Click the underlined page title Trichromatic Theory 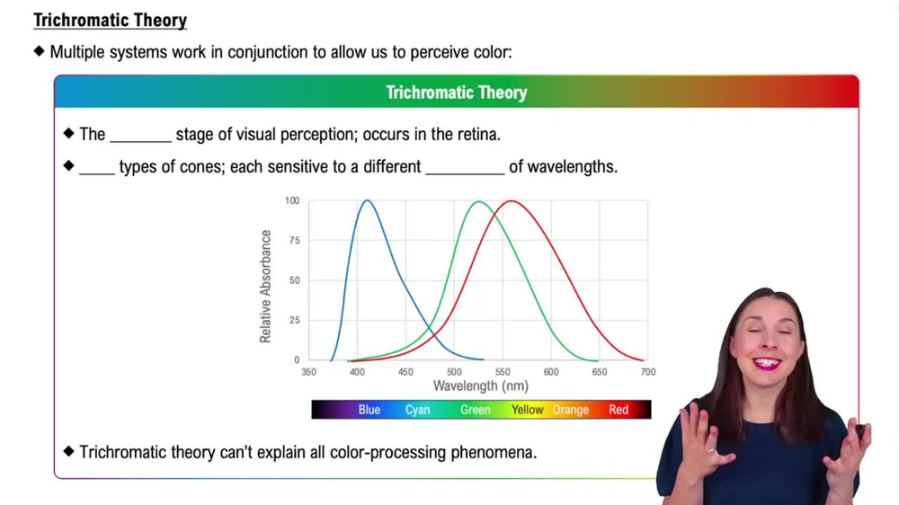[110, 20]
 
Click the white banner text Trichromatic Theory [456, 93]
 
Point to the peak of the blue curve [367, 200]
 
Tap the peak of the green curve [478, 201]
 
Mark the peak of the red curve [511, 201]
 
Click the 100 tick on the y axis [292, 200]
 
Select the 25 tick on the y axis [294, 321]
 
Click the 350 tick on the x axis [308, 372]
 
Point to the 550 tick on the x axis [503, 372]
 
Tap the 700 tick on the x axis [647, 372]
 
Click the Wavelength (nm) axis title [480, 386]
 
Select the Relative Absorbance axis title [265, 286]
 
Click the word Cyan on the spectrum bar [417, 410]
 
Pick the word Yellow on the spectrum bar [528, 410]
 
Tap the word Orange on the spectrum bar [570, 410]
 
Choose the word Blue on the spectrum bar [369, 410]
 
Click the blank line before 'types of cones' [97, 168]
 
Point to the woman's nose [766, 346]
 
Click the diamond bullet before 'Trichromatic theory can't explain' [69, 451]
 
